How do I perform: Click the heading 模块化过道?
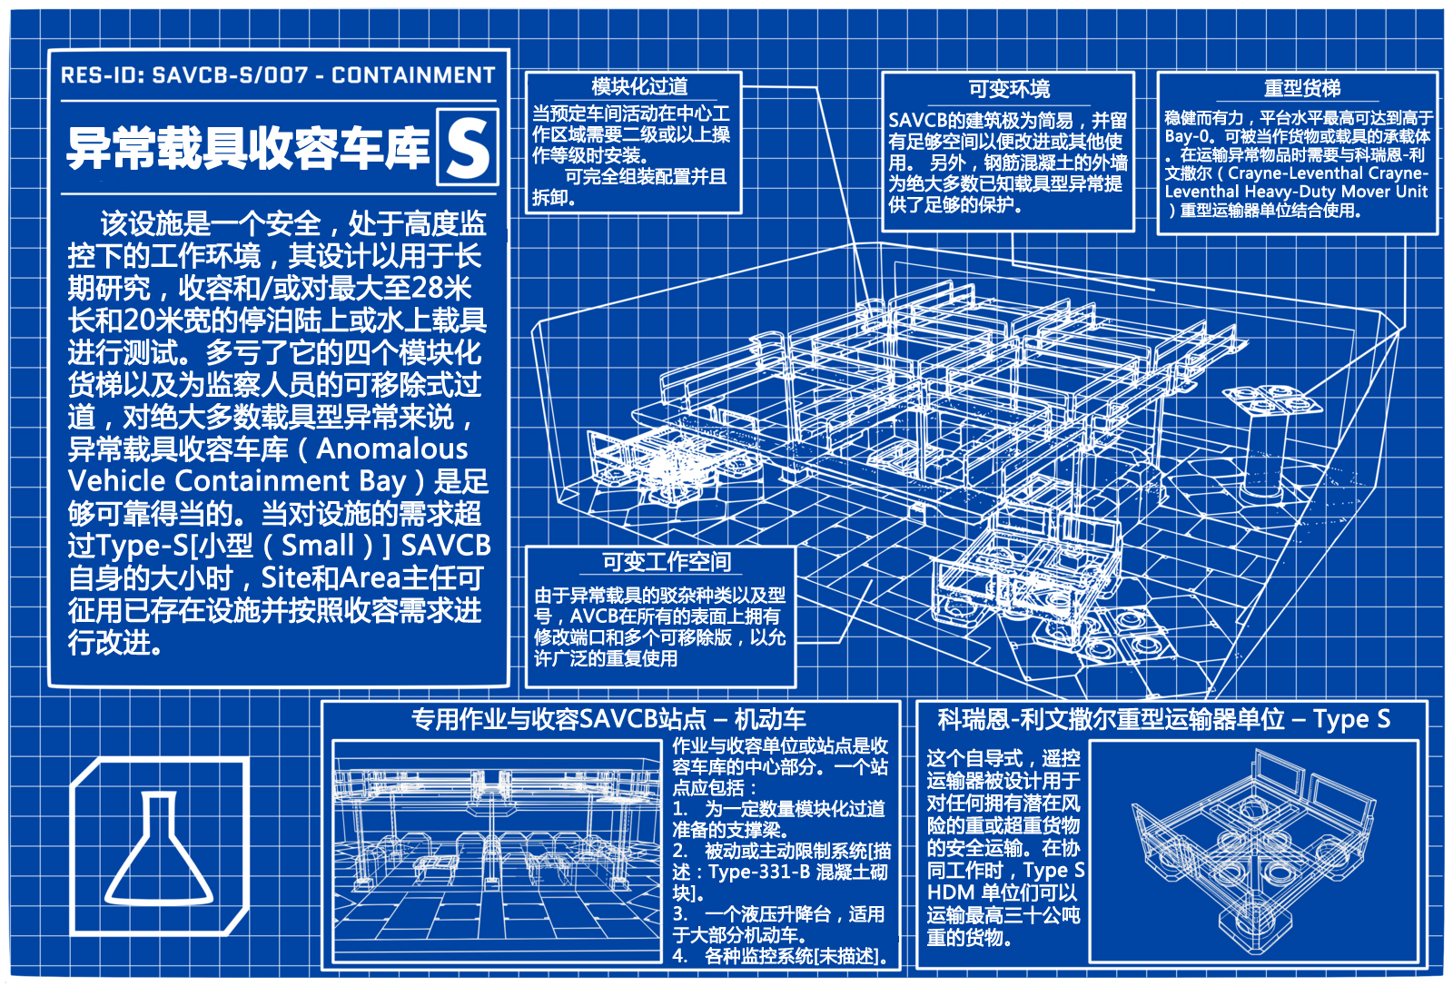tap(639, 86)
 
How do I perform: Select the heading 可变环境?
tap(1009, 88)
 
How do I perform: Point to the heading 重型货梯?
tap(1302, 87)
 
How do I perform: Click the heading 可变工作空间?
tap(667, 561)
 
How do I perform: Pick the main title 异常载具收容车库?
tap(249, 148)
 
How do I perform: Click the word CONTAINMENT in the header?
tap(413, 75)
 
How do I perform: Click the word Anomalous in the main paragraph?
tap(391, 449)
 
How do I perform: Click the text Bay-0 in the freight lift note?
tap(1186, 137)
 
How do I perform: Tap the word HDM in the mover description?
tap(951, 892)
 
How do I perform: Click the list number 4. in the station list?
tap(680, 955)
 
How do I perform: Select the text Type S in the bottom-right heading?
tap(1352, 719)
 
